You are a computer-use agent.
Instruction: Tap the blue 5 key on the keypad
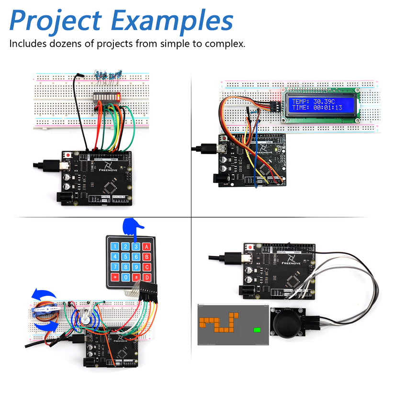point(125,258)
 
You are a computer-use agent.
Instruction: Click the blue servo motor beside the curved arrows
point(44,311)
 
